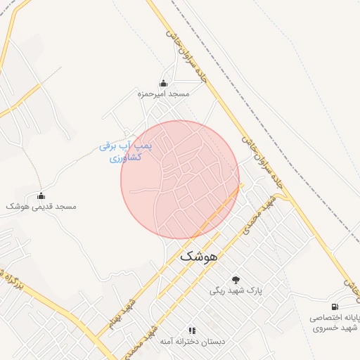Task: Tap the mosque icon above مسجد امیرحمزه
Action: [163, 83]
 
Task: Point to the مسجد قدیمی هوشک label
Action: [41, 207]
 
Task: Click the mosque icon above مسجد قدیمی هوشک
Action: [41, 196]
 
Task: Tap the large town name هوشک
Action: [200, 257]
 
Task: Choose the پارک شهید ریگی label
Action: [236, 290]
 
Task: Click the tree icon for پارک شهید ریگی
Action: [236, 280]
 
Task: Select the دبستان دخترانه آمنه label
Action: [191, 341]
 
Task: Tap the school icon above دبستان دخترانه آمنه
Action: [191, 330]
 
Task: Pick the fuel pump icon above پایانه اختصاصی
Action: [335, 307]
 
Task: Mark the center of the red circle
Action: [180, 179]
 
